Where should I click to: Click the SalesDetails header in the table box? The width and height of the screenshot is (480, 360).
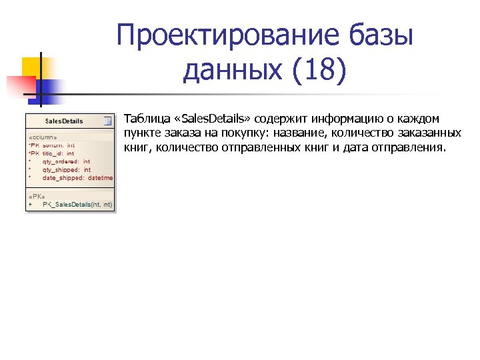(64, 121)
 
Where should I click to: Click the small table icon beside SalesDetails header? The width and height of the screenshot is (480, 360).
(107, 121)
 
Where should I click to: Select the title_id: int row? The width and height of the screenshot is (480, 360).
(58, 153)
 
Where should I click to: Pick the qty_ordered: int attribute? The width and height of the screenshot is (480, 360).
(67, 161)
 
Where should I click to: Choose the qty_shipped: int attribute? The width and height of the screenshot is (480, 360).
(67, 170)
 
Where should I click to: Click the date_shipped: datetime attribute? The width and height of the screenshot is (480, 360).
(77, 178)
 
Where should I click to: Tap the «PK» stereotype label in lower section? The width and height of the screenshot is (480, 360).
(36, 197)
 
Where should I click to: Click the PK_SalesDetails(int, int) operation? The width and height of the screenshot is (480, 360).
(77, 205)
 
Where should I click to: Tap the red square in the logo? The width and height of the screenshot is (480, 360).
(20, 85)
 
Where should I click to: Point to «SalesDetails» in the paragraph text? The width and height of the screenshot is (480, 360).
(211, 119)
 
